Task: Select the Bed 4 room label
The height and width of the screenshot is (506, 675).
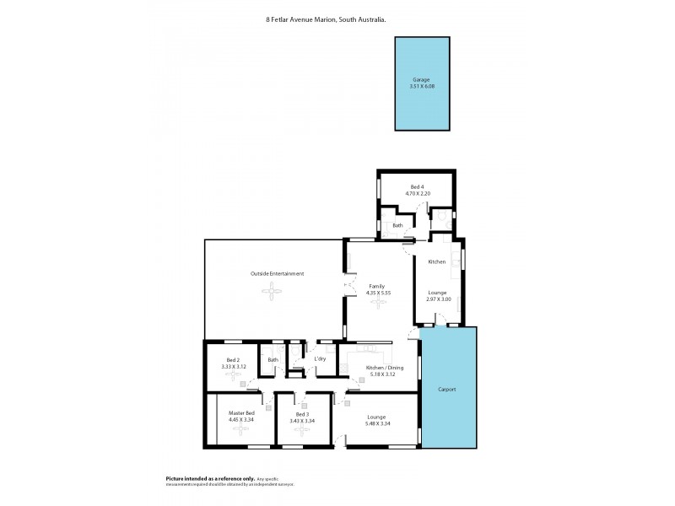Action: [417, 186]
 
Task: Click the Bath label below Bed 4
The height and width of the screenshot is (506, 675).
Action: [397, 225]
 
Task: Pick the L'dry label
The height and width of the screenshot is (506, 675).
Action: [320, 360]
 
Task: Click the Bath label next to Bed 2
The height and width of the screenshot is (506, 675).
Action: [273, 360]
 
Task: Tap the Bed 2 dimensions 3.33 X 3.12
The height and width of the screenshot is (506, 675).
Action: [233, 367]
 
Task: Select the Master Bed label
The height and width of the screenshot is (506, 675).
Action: [241, 412]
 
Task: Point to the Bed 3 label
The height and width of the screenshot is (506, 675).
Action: [302, 413]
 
